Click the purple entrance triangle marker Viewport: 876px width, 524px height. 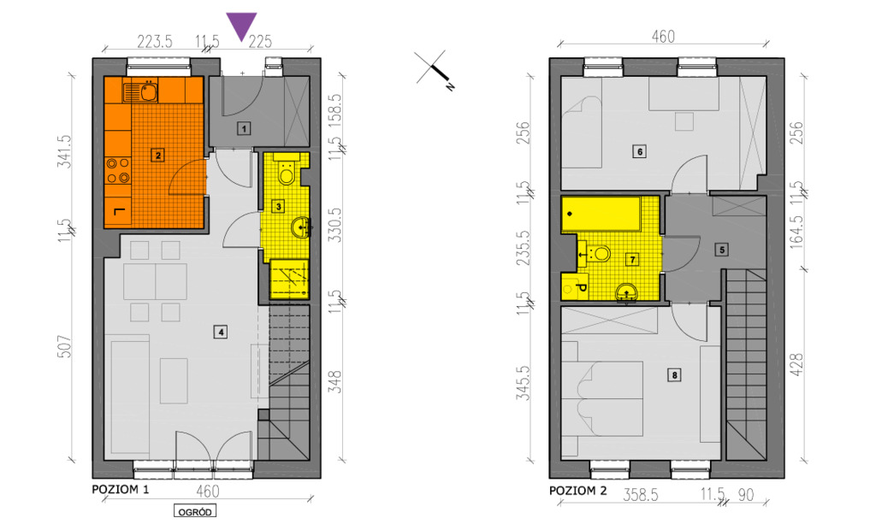click(x=241, y=26)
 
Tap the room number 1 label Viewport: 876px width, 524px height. click(x=244, y=128)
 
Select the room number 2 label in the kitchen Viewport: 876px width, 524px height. click(x=158, y=156)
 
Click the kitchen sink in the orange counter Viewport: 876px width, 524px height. click(x=148, y=91)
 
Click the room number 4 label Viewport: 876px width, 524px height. click(x=222, y=332)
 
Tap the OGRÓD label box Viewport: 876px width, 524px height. click(x=195, y=512)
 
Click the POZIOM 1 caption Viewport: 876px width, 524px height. click(x=121, y=490)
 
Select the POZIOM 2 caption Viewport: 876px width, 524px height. click(x=577, y=491)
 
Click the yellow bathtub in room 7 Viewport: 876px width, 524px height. click(x=601, y=213)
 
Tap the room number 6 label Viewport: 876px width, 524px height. click(x=640, y=151)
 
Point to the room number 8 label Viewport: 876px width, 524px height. click(x=674, y=375)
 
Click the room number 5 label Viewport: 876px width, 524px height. click(x=722, y=250)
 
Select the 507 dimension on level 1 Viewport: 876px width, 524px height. click(x=65, y=346)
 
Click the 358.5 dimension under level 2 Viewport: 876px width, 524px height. click(x=641, y=494)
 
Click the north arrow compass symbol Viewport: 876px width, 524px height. click(x=434, y=70)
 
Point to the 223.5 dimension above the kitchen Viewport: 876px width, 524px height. click(x=155, y=41)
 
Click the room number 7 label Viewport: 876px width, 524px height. click(x=632, y=260)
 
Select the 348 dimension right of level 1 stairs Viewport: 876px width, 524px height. click(x=335, y=382)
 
